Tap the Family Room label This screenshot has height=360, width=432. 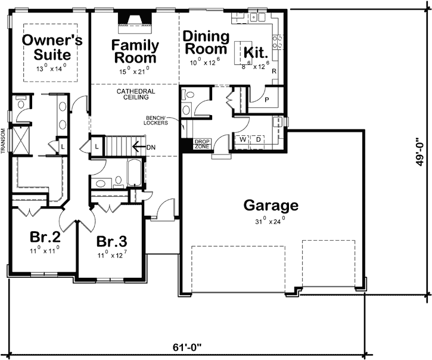click(135, 51)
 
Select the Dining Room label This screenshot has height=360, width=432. click(206, 42)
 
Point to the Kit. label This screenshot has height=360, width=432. click(254, 52)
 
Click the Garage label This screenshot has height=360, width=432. click(271, 206)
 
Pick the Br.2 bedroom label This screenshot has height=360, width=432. click(45, 236)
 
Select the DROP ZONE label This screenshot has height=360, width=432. click(202, 144)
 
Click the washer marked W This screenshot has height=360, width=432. click(243, 139)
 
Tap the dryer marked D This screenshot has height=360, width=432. click(259, 139)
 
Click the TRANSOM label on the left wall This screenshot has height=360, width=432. click(4, 141)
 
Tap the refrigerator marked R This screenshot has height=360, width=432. click(274, 71)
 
